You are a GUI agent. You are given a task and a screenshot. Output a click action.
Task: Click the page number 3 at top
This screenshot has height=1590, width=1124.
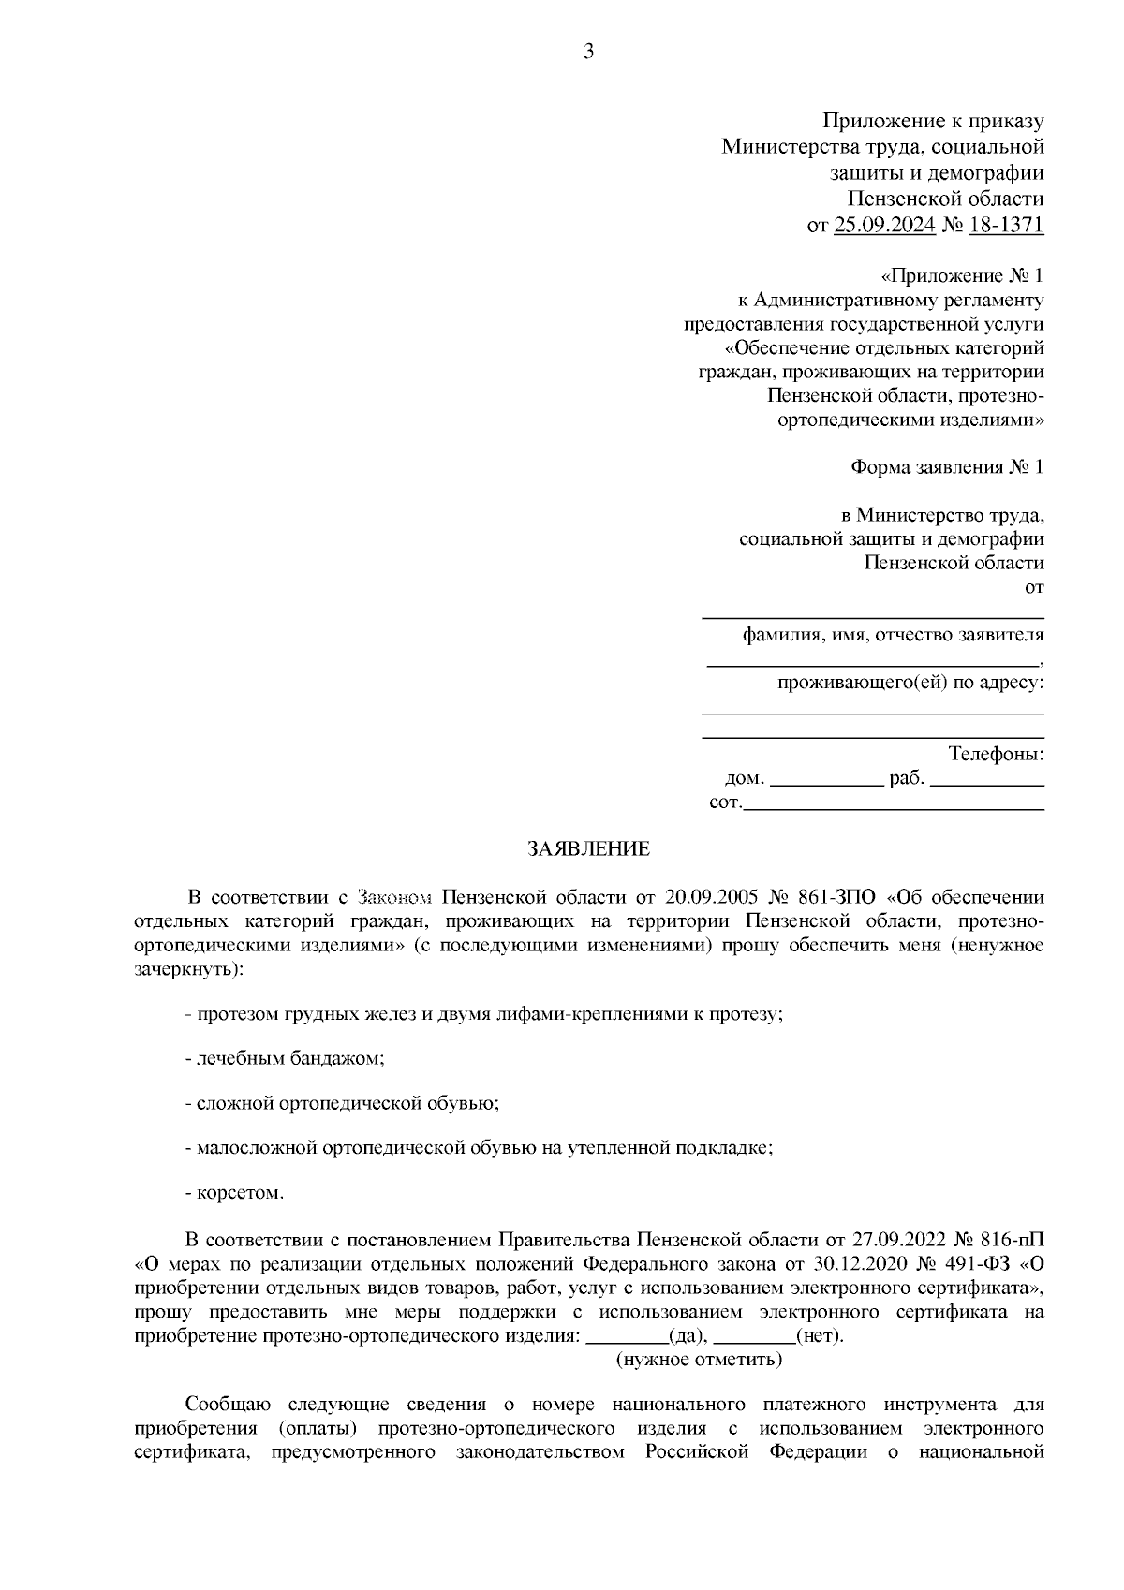point(588,52)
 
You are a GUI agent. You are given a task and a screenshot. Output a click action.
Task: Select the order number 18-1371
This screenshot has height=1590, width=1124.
point(1006,225)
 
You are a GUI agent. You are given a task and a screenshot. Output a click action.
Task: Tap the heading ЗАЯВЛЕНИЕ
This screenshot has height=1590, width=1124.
point(588,849)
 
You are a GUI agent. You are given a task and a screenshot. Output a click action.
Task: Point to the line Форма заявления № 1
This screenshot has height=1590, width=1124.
point(946,466)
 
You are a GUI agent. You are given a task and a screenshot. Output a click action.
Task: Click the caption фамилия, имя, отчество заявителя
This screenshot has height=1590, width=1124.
point(893,635)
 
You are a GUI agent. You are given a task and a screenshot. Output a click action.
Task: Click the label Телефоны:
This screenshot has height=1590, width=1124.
point(996,754)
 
